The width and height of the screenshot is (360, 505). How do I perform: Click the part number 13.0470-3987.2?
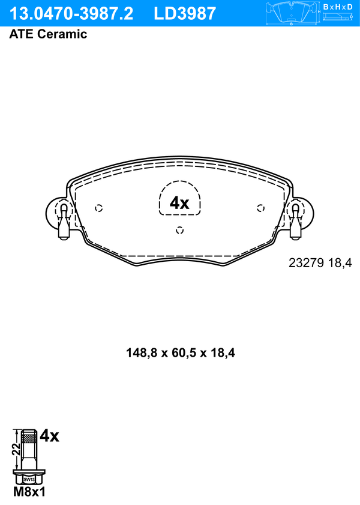[71, 14]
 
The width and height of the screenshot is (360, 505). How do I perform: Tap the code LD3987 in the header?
[185, 14]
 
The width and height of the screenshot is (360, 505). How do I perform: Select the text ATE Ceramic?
[48, 34]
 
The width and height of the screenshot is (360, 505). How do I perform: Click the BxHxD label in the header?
[338, 7]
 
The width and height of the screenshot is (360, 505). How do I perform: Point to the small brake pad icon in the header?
[292, 13]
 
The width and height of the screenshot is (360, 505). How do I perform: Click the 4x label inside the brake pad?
[179, 203]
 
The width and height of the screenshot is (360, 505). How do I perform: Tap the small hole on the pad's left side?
[99, 208]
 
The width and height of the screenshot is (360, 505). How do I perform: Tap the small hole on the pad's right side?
[260, 208]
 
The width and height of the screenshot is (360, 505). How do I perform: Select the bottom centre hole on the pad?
[180, 230]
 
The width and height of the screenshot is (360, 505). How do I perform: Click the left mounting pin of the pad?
[64, 222]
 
